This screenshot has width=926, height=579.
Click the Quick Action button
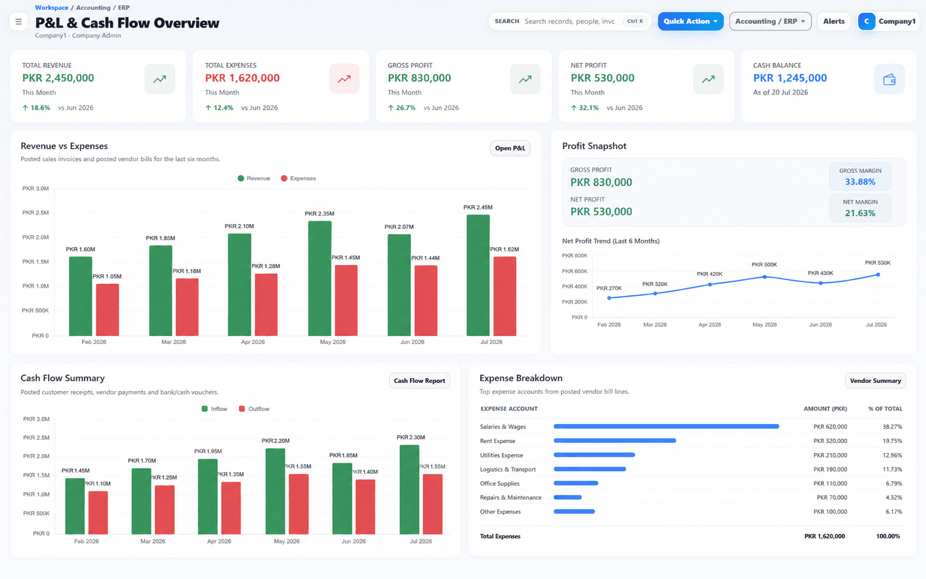(x=690, y=21)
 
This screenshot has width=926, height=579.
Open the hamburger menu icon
(x=19, y=22)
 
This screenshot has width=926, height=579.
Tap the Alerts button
(x=833, y=21)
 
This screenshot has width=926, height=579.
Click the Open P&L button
(x=510, y=148)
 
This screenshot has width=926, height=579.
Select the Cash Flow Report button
(x=419, y=381)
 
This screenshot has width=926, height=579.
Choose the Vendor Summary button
(x=875, y=381)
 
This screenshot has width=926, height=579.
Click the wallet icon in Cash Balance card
(x=889, y=79)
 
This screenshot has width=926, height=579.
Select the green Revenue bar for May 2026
(x=319, y=278)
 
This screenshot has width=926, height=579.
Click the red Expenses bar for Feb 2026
(x=107, y=310)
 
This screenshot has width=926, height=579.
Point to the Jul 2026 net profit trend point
(x=878, y=274)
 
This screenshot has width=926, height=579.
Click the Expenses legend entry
(x=298, y=178)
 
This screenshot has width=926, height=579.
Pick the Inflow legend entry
(x=214, y=409)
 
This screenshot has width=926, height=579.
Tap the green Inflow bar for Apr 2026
(x=208, y=496)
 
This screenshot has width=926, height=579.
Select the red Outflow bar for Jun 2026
(x=365, y=507)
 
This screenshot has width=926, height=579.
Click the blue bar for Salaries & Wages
(x=666, y=426)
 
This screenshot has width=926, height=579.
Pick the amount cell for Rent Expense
(x=830, y=441)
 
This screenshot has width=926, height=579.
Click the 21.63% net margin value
(x=860, y=213)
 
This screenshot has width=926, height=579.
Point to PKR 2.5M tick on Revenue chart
(x=35, y=212)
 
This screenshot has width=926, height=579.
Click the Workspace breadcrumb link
(x=52, y=8)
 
